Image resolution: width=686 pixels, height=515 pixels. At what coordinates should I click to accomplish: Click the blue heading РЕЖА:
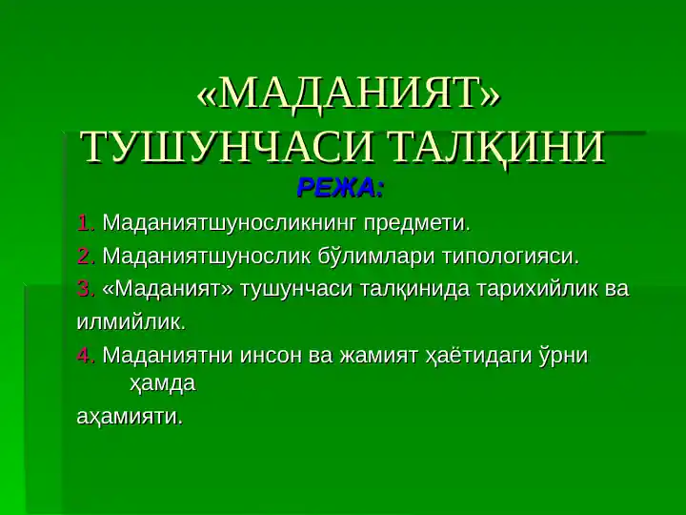[x=340, y=188]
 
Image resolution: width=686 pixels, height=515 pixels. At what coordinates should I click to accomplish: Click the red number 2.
[x=86, y=257]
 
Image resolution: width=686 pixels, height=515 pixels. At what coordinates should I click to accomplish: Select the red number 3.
[x=86, y=289]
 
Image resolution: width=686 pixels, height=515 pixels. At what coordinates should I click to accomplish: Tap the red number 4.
[x=86, y=355]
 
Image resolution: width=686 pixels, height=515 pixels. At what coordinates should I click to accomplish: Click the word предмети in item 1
[x=417, y=224]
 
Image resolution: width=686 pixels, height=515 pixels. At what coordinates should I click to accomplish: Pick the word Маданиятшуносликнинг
[x=230, y=224]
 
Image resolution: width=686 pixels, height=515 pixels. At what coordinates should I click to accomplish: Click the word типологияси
[x=511, y=257]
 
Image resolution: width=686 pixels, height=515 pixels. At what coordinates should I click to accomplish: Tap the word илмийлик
[x=131, y=322]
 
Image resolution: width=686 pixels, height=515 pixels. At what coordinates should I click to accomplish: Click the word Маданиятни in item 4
[x=167, y=355]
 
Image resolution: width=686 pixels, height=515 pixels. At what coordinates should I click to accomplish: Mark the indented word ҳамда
[x=162, y=384]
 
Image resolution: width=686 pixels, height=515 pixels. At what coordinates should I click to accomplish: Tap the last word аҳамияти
[x=130, y=418]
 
